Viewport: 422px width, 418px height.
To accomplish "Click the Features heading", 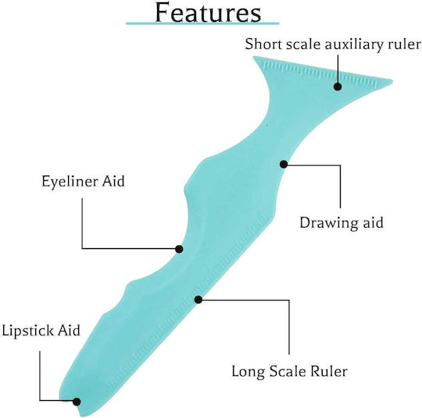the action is pyautogui.click(x=208, y=12).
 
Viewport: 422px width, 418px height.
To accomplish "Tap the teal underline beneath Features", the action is pyautogui.click(x=202, y=23).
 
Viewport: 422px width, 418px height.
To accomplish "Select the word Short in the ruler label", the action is pyautogui.click(x=264, y=44).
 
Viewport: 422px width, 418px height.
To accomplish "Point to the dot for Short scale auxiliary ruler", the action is pyautogui.click(x=338, y=87).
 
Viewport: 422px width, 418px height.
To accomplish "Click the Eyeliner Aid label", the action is pyautogui.click(x=83, y=182).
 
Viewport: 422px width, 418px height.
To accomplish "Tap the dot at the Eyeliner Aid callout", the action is pyautogui.click(x=179, y=249).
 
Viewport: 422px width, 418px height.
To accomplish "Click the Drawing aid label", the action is pyautogui.click(x=342, y=223).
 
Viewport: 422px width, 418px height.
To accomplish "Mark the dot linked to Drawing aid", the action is pyautogui.click(x=284, y=164).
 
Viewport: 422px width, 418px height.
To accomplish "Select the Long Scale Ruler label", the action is pyautogui.click(x=289, y=371).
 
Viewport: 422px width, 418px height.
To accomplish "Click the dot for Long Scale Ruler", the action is pyautogui.click(x=198, y=299).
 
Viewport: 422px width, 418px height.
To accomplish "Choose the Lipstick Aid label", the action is pyautogui.click(x=41, y=331).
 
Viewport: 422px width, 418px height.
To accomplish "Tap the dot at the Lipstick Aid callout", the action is pyautogui.click(x=77, y=402).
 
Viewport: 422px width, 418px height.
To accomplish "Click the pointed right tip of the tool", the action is pyautogui.click(x=392, y=80).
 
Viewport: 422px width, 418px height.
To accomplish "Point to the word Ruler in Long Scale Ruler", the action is pyautogui.click(x=329, y=371).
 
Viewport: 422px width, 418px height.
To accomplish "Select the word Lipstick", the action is pyautogui.click(x=27, y=331).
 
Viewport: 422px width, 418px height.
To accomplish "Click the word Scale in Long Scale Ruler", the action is pyautogui.click(x=288, y=371).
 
